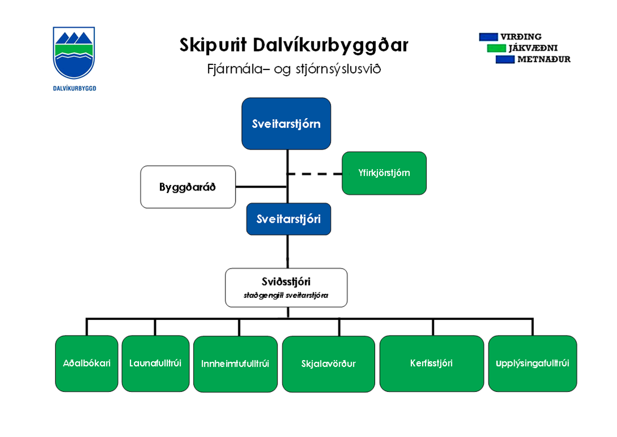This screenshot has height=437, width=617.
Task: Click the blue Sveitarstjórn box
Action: [x=286, y=123]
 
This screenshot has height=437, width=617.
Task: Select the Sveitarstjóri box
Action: [x=288, y=219]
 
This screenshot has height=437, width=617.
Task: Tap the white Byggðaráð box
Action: [x=188, y=187]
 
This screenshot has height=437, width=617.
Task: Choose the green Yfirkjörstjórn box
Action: [x=384, y=173]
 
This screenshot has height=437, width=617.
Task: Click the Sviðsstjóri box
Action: [x=286, y=287]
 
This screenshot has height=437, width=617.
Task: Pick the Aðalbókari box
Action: [x=86, y=364]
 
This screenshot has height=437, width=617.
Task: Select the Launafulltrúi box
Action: [x=155, y=364]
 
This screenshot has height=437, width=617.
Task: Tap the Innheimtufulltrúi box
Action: [x=235, y=364]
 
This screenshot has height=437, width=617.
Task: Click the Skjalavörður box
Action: [x=328, y=364]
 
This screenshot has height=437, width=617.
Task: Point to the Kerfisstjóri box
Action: [x=431, y=364]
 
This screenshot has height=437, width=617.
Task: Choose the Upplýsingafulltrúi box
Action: [x=532, y=364]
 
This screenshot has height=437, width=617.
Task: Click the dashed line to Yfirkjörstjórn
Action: [x=314, y=174]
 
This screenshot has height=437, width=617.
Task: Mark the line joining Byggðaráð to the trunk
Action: [x=261, y=187]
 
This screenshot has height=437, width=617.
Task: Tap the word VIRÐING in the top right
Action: [x=520, y=37]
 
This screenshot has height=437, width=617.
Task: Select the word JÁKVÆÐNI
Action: [x=532, y=48]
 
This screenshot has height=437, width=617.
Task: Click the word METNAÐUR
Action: [x=544, y=59]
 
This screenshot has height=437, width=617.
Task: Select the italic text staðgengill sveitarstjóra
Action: [x=286, y=295]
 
